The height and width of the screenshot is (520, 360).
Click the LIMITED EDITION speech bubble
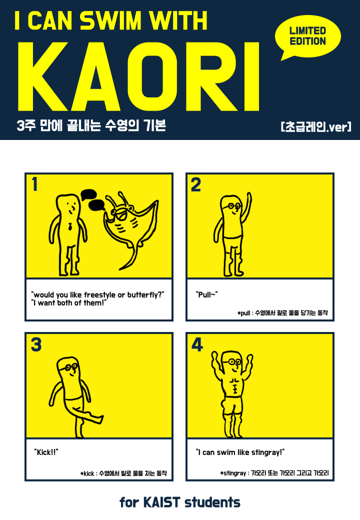pyautogui.click(x=307, y=36)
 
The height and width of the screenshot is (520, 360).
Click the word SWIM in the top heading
pyautogui.click(x=111, y=20)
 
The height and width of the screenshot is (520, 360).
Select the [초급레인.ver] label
pyautogui.click(x=316, y=127)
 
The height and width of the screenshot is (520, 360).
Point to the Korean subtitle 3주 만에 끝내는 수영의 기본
pyautogui.click(x=91, y=126)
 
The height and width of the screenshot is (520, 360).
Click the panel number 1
pyautogui.click(x=34, y=184)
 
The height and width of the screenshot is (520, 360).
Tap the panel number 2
pyautogui.click(x=196, y=184)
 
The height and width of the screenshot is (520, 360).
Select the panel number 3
pyautogui.click(x=36, y=344)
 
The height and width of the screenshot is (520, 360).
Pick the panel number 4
pyautogui.click(x=197, y=344)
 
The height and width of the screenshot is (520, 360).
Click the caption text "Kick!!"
pyautogui.click(x=46, y=452)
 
